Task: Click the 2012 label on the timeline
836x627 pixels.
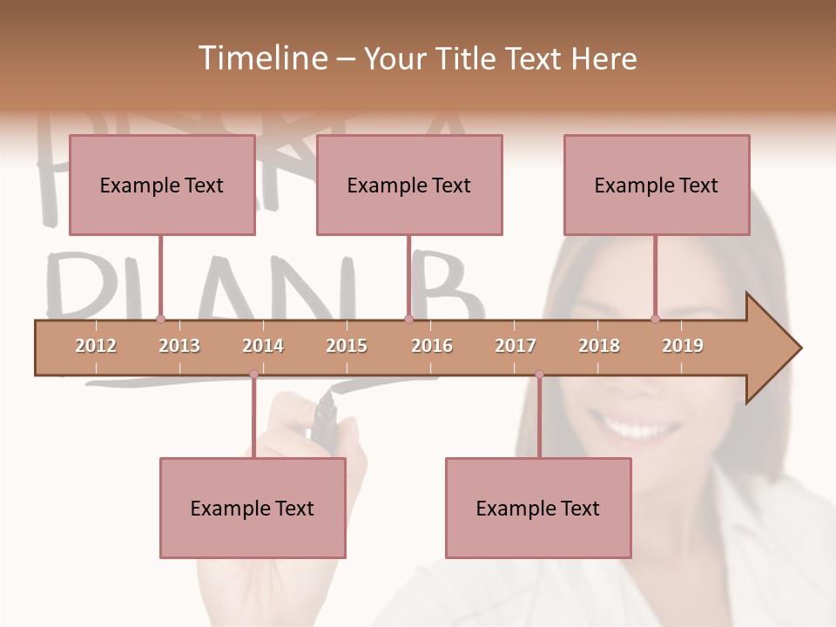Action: pos(96,346)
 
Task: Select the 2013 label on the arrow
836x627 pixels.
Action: pos(179,346)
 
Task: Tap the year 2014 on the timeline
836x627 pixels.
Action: pos(263,346)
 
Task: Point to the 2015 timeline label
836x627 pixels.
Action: pos(347,346)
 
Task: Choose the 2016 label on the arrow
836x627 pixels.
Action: pos(432,346)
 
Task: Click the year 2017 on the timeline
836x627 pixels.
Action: pos(516,346)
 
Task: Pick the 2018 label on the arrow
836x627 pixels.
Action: pos(599,346)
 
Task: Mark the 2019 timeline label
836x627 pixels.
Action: pos(683,346)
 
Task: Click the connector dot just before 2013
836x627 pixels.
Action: pos(160,320)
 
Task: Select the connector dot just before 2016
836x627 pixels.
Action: pos(408,320)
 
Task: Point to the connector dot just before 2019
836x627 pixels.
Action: pos(656,320)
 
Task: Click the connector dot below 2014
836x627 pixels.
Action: pos(253,374)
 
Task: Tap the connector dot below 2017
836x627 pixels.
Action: pos(539,374)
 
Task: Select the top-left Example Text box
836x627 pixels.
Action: pos(162,185)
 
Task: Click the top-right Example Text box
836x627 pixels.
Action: pos(657,185)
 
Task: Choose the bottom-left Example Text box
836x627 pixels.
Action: pos(253,508)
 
